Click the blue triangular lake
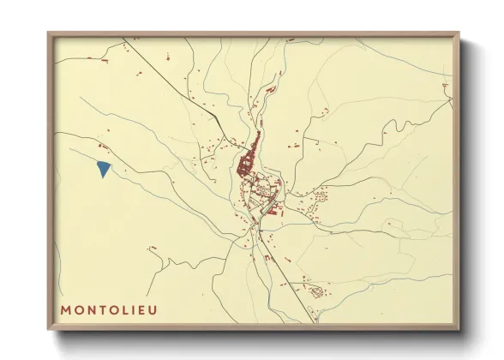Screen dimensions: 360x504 (x=104, y=168)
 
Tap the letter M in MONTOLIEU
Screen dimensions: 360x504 (x=66, y=309)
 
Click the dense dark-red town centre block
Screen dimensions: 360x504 (x=249, y=158)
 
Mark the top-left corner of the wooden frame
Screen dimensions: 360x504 (x=48, y=33)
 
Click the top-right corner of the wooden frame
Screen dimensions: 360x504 (x=459, y=33)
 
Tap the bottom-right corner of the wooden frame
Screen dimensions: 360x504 (x=459, y=330)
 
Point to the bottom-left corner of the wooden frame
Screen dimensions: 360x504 (x=48, y=330)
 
